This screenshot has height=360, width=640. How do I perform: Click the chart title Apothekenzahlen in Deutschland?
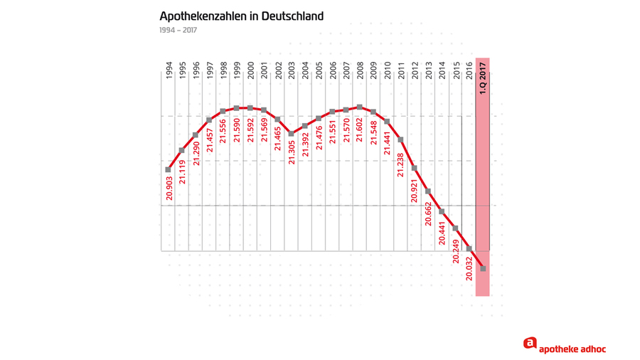click(241, 16)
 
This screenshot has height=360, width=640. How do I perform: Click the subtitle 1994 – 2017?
click(178, 31)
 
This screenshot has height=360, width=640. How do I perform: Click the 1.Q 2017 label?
click(483, 78)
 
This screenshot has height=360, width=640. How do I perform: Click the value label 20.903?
click(169, 186)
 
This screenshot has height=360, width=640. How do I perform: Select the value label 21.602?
click(360, 128)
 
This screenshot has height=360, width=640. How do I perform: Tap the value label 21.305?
click(292, 150)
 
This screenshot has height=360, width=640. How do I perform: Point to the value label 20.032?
click(469, 268)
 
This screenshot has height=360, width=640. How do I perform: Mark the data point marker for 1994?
click(169, 169)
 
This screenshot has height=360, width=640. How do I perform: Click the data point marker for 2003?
click(292, 134)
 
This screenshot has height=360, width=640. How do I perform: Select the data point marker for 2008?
click(360, 107)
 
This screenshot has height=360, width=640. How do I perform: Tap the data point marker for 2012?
click(415, 169)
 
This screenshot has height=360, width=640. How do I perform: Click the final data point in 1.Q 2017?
click(484, 268)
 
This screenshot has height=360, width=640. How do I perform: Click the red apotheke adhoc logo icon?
click(530, 344)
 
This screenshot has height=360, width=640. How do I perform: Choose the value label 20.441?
click(442, 232)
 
